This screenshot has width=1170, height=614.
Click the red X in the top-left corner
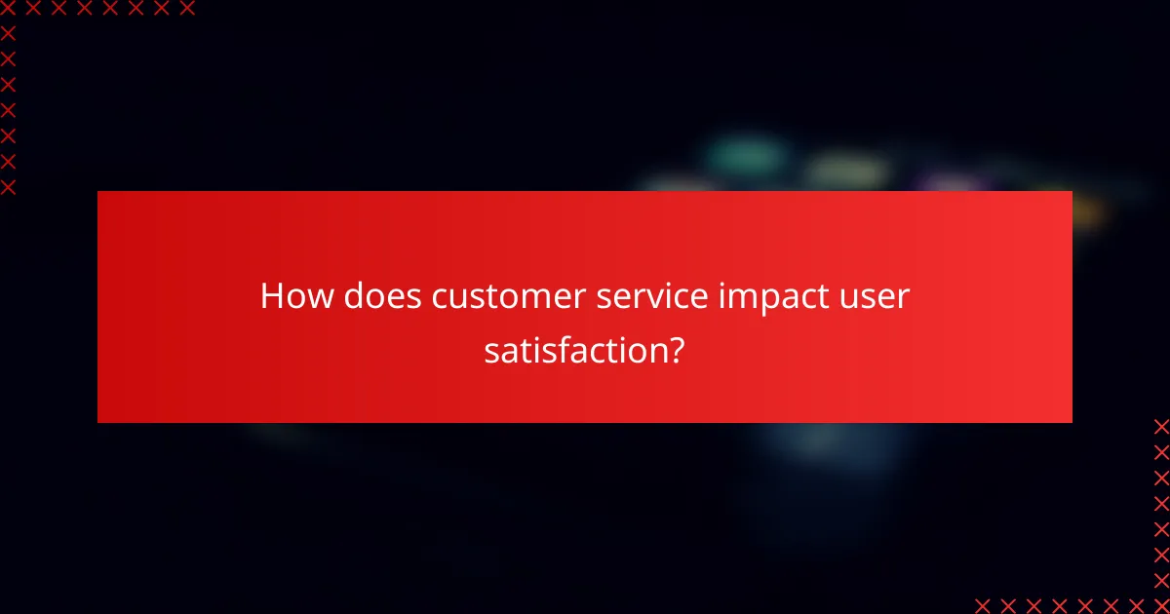[8, 9]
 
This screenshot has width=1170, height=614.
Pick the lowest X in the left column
[8, 187]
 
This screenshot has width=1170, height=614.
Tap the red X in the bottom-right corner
[1161, 605]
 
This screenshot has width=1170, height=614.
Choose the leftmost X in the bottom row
[982, 605]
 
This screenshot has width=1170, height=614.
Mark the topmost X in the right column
[1161, 426]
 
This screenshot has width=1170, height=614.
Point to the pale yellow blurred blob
[846, 172]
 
